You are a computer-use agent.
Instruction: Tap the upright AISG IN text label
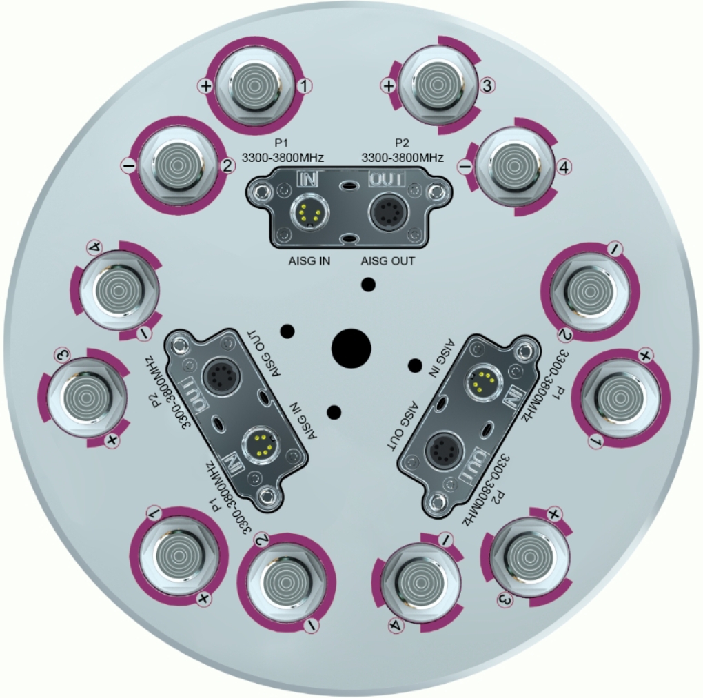(309, 261)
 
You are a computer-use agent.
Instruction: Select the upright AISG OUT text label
(388, 261)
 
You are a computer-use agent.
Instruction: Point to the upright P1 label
(282, 143)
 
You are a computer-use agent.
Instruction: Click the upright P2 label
(402, 143)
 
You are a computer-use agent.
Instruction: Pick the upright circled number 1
(305, 85)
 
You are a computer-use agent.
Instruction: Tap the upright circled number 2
(227, 166)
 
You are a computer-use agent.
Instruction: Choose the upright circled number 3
(487, 85)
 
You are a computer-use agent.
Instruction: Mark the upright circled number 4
(564, 167)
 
